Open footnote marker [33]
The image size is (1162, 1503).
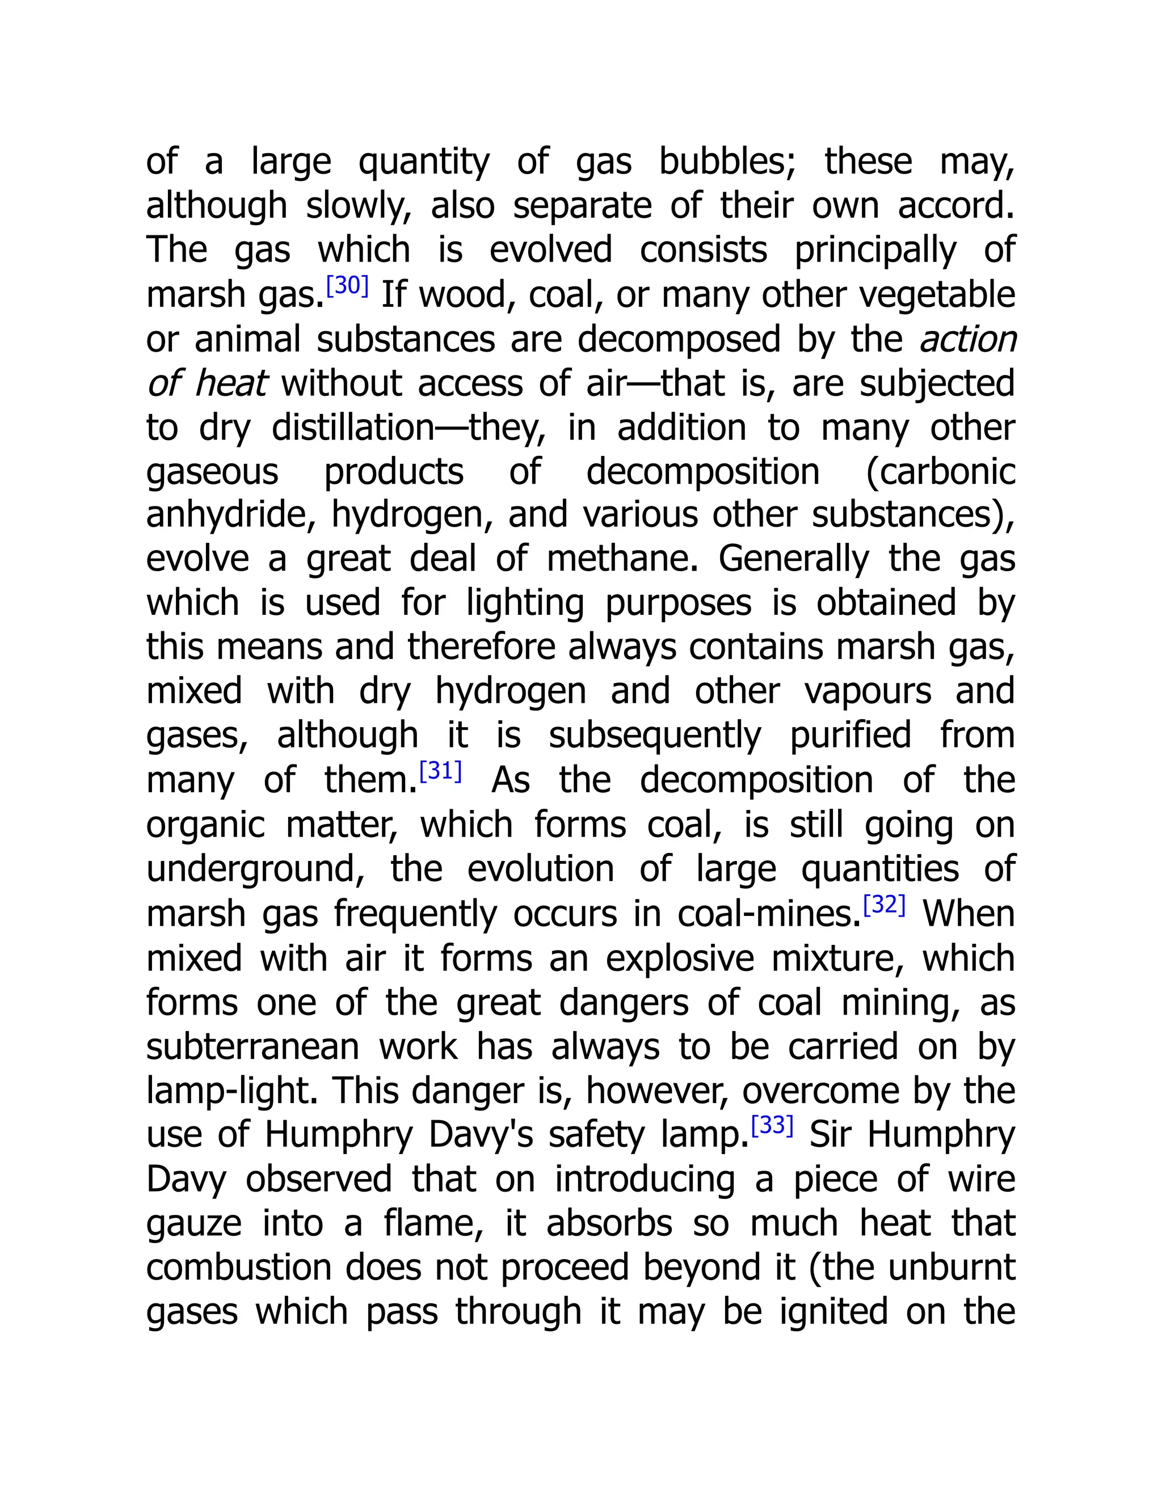772,1126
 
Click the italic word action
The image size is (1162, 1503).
968,339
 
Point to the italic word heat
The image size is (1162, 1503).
230,383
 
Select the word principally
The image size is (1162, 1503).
875,251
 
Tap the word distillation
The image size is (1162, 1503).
353,428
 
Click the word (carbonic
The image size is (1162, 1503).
940,472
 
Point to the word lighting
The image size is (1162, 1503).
525,603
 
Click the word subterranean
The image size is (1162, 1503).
252,1048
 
